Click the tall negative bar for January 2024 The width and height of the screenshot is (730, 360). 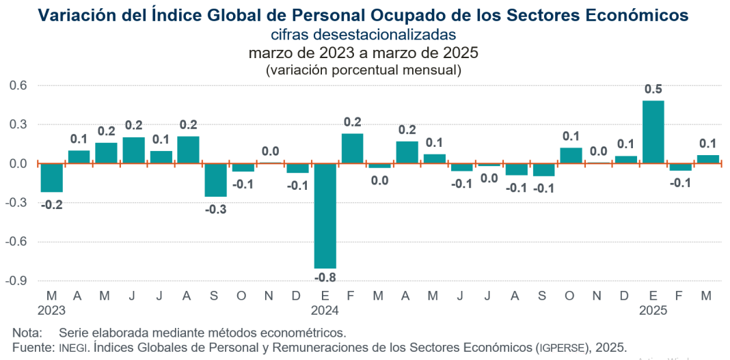[x=325, y=216]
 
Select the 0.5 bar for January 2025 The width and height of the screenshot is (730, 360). [x=653, y=132]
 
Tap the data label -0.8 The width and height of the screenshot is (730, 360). [x=325, y=277]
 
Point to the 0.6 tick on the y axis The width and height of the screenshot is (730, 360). [x=17, y=85]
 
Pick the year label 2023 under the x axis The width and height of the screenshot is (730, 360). [x=51, y=309]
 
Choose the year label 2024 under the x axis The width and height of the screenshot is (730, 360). [x=325, y=309]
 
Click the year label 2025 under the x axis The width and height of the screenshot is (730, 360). [x=653, y=309]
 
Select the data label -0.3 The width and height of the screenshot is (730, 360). [x=215, y=208]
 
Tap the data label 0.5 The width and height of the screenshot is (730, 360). [x=653, y=89]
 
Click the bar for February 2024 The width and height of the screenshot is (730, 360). [x=352, y=148]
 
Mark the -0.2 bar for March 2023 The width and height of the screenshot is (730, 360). [x=51, y=178]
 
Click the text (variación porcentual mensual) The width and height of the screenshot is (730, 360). [x=363, y=70]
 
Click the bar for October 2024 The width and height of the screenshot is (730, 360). [x=571, y=156]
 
